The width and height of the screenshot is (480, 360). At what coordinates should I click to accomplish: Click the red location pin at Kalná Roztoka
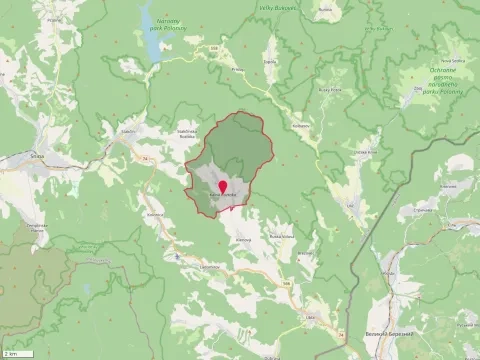[222, 186]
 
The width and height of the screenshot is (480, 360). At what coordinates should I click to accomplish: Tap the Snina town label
[36, 155]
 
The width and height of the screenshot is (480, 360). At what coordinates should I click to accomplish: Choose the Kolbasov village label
[300, 126]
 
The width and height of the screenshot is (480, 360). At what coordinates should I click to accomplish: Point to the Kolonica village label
[155, 215]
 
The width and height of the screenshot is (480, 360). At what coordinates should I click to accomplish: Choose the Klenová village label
[243, 239]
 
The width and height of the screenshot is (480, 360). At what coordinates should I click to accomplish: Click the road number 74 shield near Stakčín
[143, 158]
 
